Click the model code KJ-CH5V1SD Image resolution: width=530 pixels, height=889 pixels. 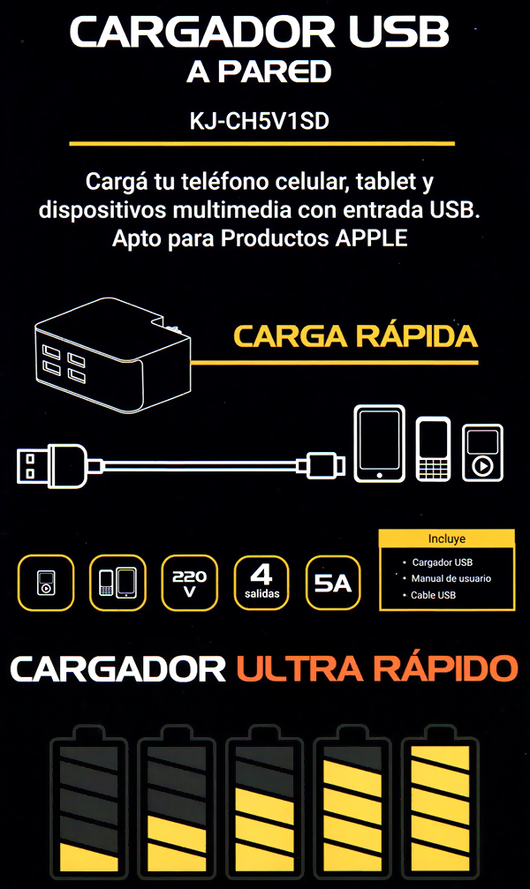coord(260,121)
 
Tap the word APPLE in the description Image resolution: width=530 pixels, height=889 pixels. coord(371,238)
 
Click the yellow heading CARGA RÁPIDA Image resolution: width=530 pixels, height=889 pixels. coord(356,335)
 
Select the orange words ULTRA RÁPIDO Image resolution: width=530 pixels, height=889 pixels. coord(377,668)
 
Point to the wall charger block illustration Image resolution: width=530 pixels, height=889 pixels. coord(112,356)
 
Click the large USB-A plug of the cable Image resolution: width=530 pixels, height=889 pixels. coord(52,465)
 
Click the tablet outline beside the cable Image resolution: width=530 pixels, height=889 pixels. coord(379,443)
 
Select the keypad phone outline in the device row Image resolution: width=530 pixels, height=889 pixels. coord(434,449)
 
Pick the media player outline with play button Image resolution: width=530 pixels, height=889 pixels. coord(482,453)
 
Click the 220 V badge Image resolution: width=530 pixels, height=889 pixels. coord(190,583)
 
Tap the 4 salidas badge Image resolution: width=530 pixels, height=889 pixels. coord(261,583)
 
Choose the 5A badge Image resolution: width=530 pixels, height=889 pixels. coord(333,583)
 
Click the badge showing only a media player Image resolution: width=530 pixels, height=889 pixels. coord(46,583)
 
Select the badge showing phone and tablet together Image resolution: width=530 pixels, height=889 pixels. coord(117,583)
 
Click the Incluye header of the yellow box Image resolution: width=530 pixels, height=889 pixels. coord(447,539)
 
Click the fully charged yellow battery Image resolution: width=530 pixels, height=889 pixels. coord(441,802)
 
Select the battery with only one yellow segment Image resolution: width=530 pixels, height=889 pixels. coord(89,802)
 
